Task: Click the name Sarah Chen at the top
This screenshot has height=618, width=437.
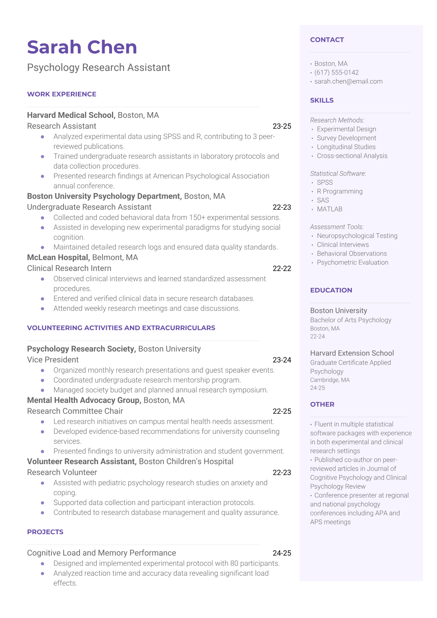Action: pyautogui.click(x=82, y=47)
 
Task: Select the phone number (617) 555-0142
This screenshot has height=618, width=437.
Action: pyautogui.click(x=336, y=72)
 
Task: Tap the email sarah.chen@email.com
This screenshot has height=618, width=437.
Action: pyautogui.click(x=348, y=81)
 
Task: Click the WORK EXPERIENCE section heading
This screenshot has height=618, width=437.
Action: pyautogui.click(x=62, y=94)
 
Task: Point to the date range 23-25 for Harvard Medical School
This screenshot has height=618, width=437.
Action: pyautogui.click(x=282, y=126)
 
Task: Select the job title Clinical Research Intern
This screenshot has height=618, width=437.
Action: pyautogui.click(x=69, y=268)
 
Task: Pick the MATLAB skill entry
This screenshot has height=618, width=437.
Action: pyautogui.click(x=329, y=209)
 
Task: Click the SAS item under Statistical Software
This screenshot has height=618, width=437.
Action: pyautogui.click(x=323, y=200)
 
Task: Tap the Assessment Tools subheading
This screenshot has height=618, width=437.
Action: pyautogui.click(x=337, y=227)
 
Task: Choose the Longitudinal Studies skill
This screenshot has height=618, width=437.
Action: pyautogui.click(x=346, y=147)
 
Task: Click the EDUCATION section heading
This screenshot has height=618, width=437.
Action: pyautogui.click(x=331, y=290)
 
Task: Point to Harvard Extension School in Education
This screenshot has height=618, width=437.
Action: pyautogui.click(x=352, y=353)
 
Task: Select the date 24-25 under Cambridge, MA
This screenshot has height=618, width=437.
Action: pyautogui.click(x=317, y=388)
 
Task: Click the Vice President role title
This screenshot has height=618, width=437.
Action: pyautogui.click(x=53, y=359)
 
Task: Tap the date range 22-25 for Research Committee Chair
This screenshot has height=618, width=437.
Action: pyautogui.click(x=282, y=411)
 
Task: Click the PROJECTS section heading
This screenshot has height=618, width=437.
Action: pyautogui.click(x=45, y=532)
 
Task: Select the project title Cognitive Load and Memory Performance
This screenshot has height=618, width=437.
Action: pyautogui.click(x=101, y=553)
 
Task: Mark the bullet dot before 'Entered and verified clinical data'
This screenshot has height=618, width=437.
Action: pyautogui.click(x=43, y=299)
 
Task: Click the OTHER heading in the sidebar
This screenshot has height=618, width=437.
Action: pyautogui.click(x=322, y=404)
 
